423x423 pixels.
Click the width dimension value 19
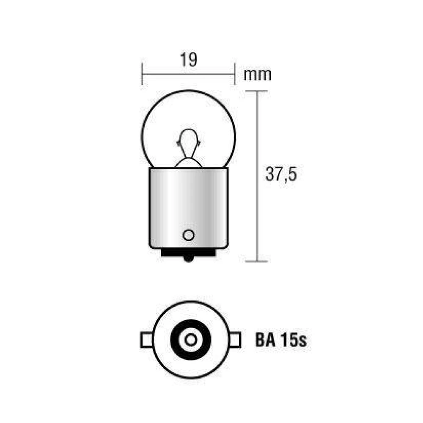(x=188, y=60)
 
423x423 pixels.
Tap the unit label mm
(x=257, y=74)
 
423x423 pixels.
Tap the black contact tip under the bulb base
(x=188, y=256)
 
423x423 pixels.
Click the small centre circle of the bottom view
(x=191, y=340)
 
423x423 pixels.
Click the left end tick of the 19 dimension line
(x=142, y=74)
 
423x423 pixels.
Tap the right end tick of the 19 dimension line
(x=234, y=74)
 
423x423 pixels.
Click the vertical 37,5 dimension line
(x=257, y=211)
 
